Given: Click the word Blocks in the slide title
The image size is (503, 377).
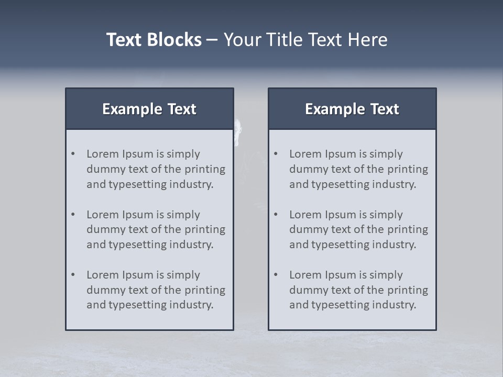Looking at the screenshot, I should click(176, 40).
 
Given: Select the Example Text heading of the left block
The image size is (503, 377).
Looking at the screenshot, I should click(149, 109).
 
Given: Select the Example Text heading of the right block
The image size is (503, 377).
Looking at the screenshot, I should click(352, 109).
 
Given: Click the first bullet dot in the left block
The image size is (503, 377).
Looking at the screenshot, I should click(73, 154).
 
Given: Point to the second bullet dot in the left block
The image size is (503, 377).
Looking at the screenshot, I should click(73, 215).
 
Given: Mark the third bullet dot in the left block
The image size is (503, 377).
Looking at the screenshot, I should click(73, 275).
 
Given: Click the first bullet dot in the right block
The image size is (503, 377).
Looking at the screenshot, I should click(276, 154).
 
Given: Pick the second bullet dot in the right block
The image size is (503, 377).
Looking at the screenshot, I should click(276, 215).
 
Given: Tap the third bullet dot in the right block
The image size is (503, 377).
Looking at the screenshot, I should click(276, 275).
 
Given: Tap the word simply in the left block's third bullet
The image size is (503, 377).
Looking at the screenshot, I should click(183, 275).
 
